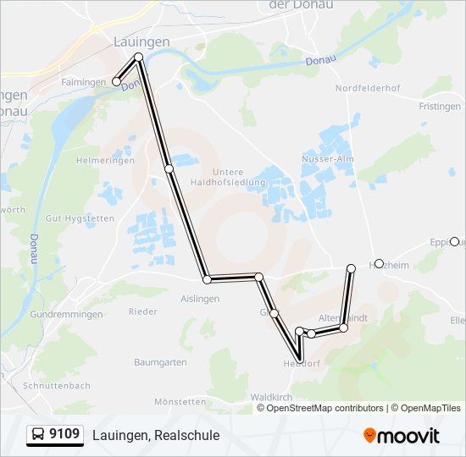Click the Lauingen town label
pos(141,41)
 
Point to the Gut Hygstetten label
pos(80,218)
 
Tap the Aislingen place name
pos(200,299)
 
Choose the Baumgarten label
pos(160,362)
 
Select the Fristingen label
pos(439,107)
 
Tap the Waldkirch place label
pos(271,396)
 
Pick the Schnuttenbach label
pos(58,385)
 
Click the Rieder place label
pos(142,311)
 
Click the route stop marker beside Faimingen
pos(116,82)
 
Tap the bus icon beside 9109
pos(38,435)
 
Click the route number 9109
pos(65,435)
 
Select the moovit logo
pos(401,436)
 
